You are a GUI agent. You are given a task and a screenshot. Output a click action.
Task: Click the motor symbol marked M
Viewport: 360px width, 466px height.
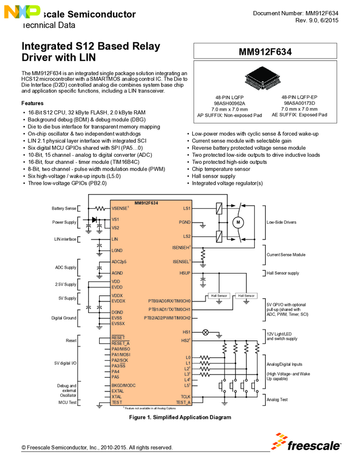click(x=238, y=222)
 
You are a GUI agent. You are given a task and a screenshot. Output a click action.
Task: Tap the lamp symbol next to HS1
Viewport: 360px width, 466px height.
click(x=206, y=332)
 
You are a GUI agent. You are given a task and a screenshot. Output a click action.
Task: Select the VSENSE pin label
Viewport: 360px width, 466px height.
click(x=119, y=208)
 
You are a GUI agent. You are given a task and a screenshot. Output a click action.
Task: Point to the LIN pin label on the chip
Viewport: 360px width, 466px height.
click(x=115, y=239)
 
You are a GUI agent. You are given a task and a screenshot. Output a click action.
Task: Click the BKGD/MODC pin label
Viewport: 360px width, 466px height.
click(x=123, y=385)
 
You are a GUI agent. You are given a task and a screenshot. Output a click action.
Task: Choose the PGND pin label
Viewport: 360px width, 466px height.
click(x=185, y=222)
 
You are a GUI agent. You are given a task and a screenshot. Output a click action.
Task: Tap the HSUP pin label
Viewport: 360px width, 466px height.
click(x=185, y=272)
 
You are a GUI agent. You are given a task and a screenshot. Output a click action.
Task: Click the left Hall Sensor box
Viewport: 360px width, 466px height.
click(x=219, y=295)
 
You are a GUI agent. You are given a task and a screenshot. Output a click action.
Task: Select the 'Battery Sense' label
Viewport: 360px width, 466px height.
click(x=64, y=208)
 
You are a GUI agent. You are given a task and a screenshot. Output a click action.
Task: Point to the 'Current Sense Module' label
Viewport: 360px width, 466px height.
click(x=285, y=254)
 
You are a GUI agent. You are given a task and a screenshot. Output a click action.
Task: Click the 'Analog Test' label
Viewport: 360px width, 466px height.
click(x=277, y=399)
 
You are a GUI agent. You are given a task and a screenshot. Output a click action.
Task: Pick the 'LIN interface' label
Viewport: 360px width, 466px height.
click(x=65, y=239)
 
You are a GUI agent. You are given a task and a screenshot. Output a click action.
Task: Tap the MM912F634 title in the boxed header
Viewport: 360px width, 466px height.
click(x=265, y=52)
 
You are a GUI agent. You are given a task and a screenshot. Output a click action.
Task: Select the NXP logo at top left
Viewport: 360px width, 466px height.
click(x=21, y=11)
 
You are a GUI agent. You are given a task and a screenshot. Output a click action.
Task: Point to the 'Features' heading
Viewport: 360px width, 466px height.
click(x=32, y=103)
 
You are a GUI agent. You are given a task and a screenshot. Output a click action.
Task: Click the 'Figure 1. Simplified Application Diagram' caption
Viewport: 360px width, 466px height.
click(x=180, y=417)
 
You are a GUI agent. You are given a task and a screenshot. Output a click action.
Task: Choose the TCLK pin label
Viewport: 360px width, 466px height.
click(x=185, y=396)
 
